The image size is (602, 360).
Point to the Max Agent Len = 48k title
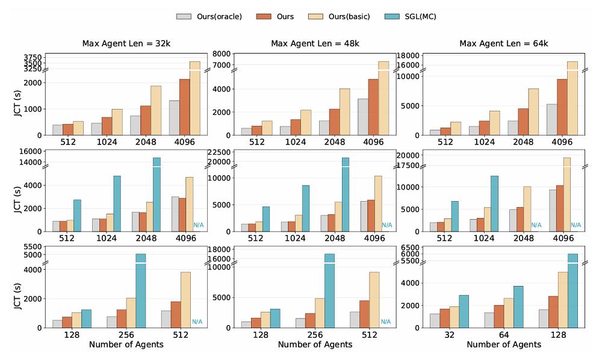point(315,43)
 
